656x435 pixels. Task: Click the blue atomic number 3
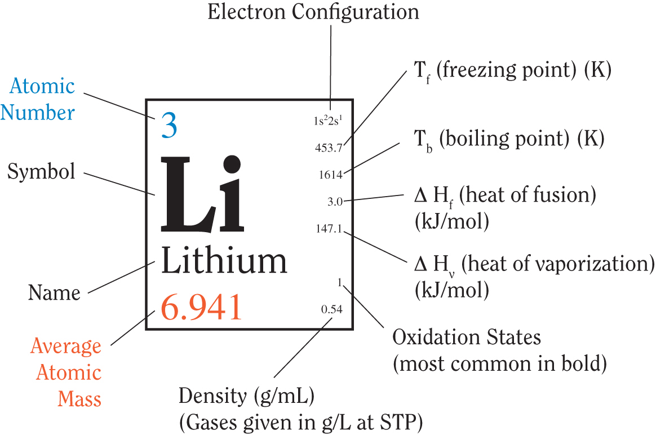click(169, 126)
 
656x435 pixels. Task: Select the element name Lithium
click(224, 260)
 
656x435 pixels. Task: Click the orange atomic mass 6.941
click(201, 307)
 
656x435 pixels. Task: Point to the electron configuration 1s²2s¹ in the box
click(328, 121)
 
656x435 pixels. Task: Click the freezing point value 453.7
click(329, 148)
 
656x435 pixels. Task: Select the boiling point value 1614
click(330, 175)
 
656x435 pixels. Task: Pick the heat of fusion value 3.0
click(335, 202)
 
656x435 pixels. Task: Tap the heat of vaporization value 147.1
click(329, 228)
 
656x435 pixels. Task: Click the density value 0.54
click(332, 309)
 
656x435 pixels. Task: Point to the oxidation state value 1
click(340, 282)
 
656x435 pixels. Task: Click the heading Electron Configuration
click(313, 12)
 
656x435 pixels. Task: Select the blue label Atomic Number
click(38, 99)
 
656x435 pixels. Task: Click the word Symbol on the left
click(41, 171)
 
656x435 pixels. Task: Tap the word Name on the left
click(54, 292)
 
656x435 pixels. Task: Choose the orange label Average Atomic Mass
click(66, 372)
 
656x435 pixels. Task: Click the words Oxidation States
click(467, 337)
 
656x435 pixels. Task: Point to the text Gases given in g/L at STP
click(301, 423)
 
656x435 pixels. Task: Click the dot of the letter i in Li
click(232, 164)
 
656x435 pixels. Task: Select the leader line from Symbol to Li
click(119, 184)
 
